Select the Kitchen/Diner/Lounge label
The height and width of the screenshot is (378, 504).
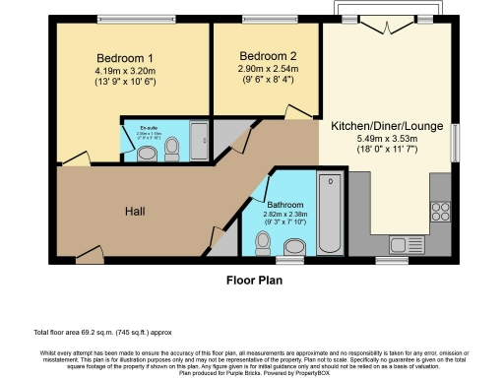(x=387, y=127)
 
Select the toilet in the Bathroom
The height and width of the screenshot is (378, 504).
(x=262, y=241)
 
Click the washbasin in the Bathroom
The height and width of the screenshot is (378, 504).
(x=294, y=245)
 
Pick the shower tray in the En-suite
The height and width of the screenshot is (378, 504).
(x=197, y=141)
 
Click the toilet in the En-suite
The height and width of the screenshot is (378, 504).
(x=172, y=149)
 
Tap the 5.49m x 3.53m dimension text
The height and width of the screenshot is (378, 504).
(x=387, y=141)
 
